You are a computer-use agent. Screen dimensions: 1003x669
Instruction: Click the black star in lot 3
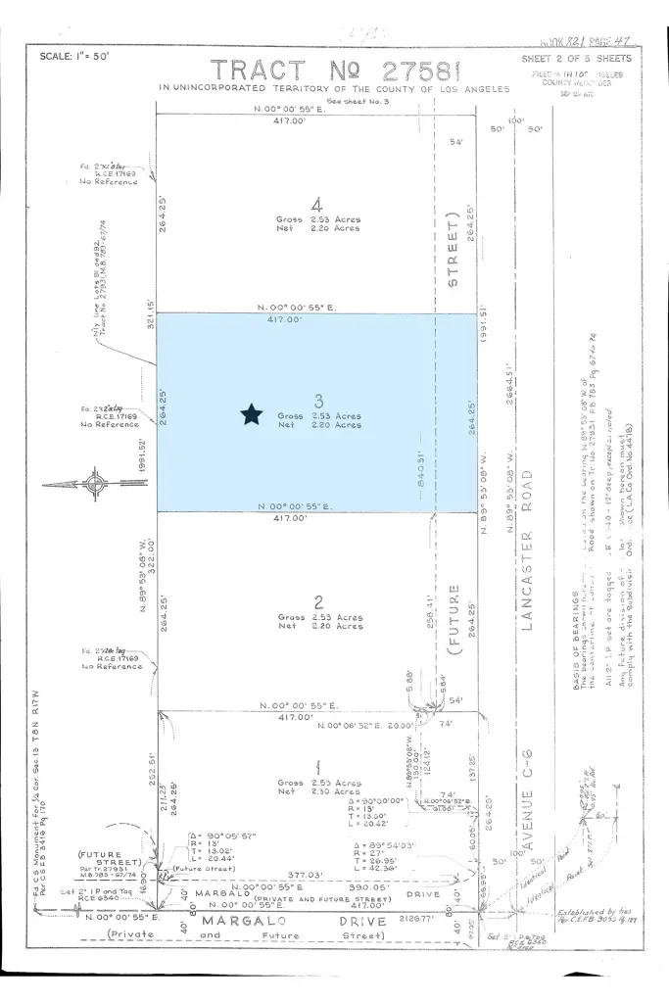tap(251, 415)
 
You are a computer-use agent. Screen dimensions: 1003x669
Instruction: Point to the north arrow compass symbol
tap(96, 484)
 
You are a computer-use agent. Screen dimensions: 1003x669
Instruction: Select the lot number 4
tap(316, 205)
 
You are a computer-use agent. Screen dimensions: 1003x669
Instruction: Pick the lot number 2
tap(318, 601)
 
